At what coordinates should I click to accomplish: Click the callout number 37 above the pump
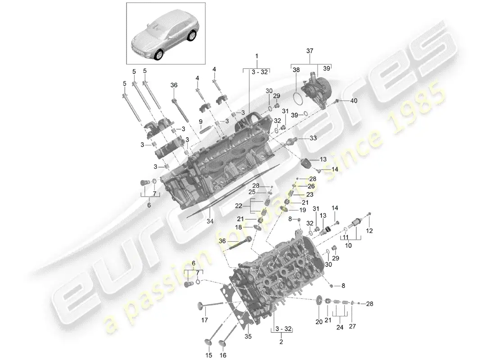click(x=310, y=51)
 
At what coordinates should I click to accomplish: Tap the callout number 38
click(x=296, y=70)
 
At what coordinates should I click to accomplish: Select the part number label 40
click(x=353, y=101)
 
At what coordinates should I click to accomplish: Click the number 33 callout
click(x=313, y=139)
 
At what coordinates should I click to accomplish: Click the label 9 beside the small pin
click(x=200, y=121)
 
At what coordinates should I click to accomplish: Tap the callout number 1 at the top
click(x=257, y=56)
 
